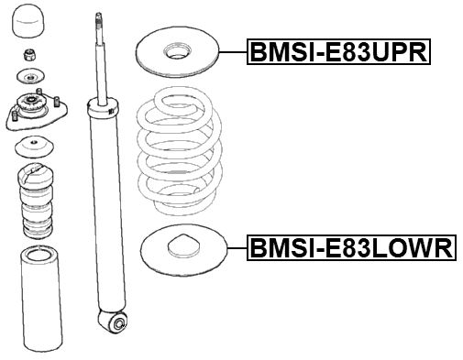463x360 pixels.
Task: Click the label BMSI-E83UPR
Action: [338, 53]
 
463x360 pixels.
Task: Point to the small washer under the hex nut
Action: [31, 76]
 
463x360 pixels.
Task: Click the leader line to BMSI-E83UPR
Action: [235, 52]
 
